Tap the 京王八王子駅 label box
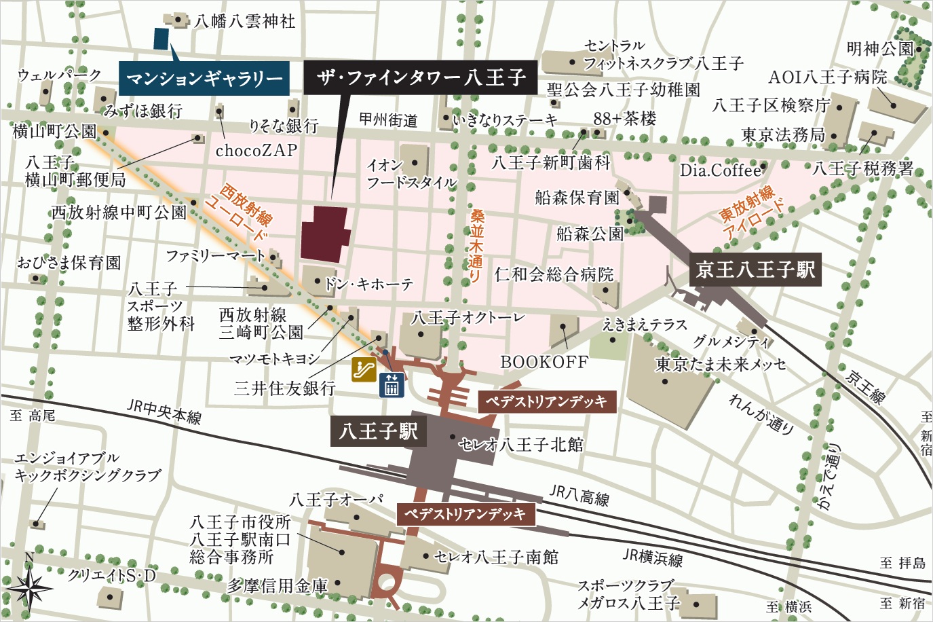[x=755, y=270]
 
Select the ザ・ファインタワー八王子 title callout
[x=420, y=77]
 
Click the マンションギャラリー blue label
[x=204, y=79]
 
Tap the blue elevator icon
[x=392, y=385]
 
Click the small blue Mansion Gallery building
[x=161, y=39]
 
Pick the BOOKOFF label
[x=544, y=362]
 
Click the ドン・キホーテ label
[x=368, y=284]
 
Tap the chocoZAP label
[x=256, y=150]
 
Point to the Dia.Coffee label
[x=721, y=170]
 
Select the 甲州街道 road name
[x=388, y=120]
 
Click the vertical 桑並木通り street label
[x=477, y=245]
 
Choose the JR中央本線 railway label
[x=164, y=411]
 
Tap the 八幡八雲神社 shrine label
[x=244, y=21]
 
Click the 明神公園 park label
[x=880, y=49]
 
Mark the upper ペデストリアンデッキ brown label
[x=546, y=401]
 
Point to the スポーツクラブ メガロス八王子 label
[x=628, y=594]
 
